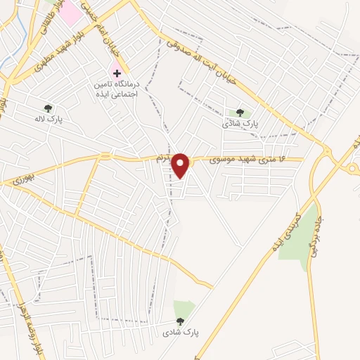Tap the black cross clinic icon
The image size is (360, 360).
click(x=117, y=73)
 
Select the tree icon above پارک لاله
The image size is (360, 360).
click(x=49, y=108)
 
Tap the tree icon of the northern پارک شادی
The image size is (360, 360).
click(x=240, y=112)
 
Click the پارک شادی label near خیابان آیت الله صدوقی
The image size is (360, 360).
click(x=241, y=124)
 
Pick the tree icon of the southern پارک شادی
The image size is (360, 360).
click(x=181, y=321)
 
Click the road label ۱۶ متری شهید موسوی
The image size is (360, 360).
click(x=248, y=160)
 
